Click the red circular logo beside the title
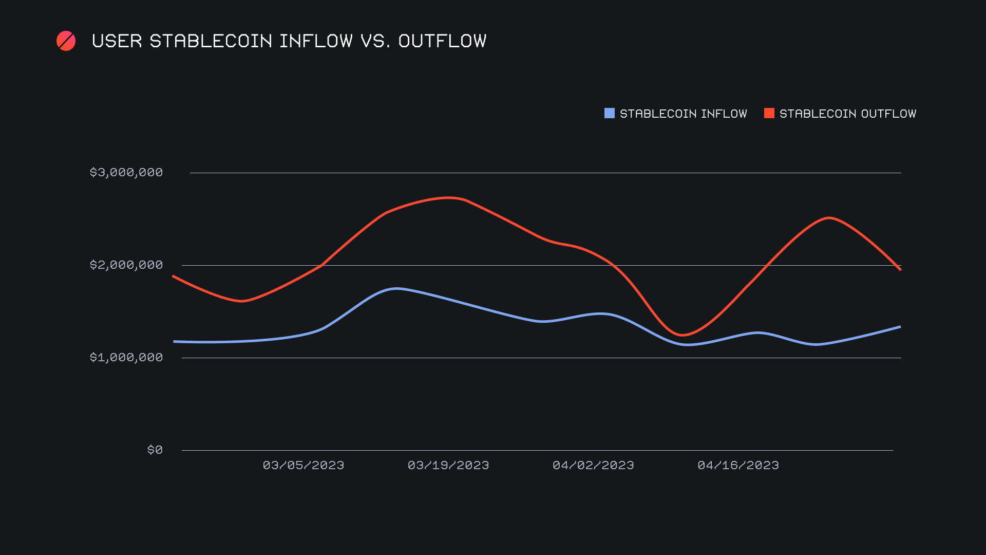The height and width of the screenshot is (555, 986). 66,41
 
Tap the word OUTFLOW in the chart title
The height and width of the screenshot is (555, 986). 442,41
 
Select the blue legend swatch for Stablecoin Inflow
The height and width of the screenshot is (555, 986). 610,113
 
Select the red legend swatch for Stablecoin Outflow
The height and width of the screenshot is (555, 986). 769,113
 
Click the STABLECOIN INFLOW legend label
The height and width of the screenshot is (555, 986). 683,114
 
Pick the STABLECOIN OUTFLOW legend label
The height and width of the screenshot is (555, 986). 847,114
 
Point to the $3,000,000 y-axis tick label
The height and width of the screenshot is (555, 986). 126,172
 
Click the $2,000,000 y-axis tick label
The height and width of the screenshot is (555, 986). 126,265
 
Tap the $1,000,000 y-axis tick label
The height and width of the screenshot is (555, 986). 126,357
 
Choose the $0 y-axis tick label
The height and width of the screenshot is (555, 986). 155,450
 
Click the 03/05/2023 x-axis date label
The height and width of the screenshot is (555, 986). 304,465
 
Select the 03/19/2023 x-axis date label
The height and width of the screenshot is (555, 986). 448,465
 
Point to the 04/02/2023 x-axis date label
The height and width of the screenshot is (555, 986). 593,465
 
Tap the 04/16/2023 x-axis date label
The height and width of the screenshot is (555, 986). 738,465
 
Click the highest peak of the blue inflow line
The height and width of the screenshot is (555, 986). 396,288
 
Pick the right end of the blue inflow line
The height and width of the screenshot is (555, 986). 900,327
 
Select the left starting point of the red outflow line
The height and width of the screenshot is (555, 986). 174,276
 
